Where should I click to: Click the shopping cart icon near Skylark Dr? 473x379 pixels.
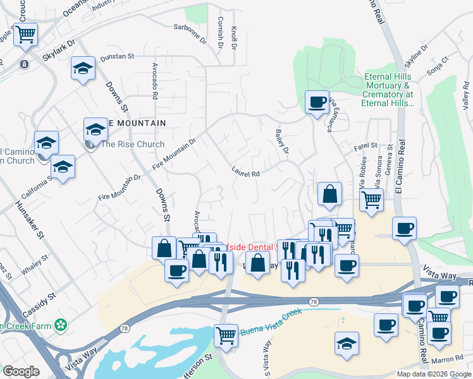pos(25,34)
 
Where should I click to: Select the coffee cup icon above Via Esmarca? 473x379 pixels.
pos(317,102)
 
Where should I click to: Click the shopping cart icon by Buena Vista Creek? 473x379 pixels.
pos(226,335)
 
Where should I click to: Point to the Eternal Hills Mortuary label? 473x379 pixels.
pos(388,90)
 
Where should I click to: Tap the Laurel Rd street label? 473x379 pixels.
pos(246,172)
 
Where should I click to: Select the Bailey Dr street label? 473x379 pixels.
pos(282,141)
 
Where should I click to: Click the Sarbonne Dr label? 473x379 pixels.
pos(190,27)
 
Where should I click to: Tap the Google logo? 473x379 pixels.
pos(21,371)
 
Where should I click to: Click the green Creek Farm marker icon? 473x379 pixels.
pos(61,325)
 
